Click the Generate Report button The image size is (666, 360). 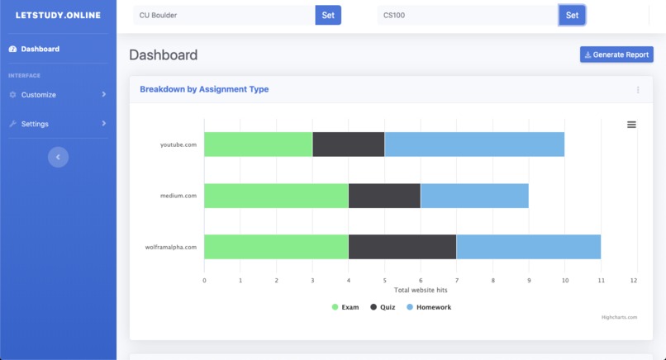616,54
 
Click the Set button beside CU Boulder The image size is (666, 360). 328,15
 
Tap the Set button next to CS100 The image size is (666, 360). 572,15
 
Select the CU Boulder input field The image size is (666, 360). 224,15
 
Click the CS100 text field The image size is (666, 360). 468,15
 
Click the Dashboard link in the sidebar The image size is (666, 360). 40,49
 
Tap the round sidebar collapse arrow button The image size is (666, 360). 58,157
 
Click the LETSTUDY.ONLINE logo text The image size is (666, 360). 58,15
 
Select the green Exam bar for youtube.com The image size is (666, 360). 258,144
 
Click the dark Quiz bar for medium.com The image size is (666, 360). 384,196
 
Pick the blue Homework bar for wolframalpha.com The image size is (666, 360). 528,247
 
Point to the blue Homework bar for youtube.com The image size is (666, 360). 474,144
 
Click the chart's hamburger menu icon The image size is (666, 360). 631,125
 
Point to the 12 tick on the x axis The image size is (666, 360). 634,281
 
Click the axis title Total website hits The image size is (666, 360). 421,290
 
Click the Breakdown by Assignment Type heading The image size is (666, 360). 204,89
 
